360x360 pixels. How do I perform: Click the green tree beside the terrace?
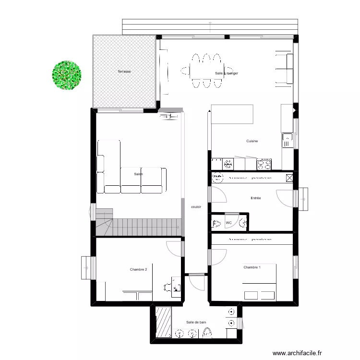click(x=67, y=74)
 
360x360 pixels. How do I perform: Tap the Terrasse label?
click(x=124, y=72)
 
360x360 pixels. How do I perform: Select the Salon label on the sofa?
click(x=139, y=174)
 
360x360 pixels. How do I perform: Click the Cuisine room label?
click(x=252, y=141)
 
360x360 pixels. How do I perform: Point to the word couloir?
click(x=196, y=207)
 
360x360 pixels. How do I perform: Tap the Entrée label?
click(x=256, y=198)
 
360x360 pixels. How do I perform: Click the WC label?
click(x=229, y=223)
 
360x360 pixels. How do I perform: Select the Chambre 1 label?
click(x=252, y=267)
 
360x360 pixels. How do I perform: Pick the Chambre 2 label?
click(x=138, y=269)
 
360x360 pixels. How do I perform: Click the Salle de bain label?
click(x=196, y=322)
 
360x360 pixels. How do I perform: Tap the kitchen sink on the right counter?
click(x=287, y=140)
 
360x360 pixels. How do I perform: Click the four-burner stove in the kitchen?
click(x=264, y=164)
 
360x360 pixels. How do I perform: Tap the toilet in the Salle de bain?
click(x=208, y=332)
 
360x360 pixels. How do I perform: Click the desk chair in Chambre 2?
click(x=168, y=288)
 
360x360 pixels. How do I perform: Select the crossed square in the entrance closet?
click(x=288, y=178)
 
